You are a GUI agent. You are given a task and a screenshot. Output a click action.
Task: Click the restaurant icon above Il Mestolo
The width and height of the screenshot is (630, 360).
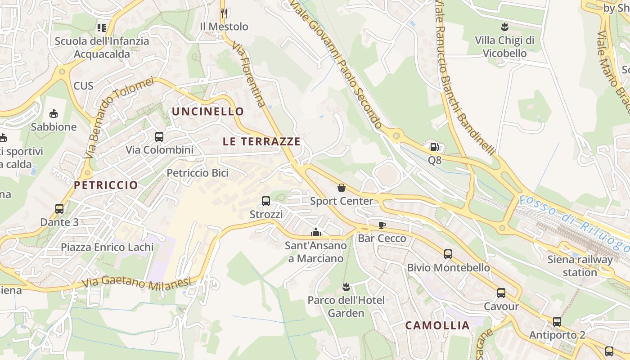224,13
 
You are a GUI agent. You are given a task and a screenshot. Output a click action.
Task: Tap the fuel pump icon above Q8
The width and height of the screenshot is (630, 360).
434,147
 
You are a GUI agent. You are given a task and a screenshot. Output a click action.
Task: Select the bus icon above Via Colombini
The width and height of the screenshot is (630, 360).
159,136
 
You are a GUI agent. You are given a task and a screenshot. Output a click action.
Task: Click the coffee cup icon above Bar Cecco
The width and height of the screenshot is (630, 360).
382,225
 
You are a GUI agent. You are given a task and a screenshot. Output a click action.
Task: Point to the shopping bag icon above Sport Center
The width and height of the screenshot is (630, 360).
342,188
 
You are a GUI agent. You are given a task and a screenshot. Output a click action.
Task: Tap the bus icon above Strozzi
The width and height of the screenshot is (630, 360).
266,201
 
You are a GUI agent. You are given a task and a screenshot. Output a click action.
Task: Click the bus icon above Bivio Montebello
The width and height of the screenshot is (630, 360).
448,254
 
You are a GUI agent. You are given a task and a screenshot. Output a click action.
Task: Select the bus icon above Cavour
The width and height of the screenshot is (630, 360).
501,293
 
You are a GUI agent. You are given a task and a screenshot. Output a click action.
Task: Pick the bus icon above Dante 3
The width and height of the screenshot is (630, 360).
59,209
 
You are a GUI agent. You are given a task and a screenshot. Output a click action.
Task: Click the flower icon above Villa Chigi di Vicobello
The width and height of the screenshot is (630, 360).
504,27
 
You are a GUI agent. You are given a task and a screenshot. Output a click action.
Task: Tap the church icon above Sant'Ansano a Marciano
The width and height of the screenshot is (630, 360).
316,232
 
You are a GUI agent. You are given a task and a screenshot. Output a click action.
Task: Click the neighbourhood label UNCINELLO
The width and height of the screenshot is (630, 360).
208,111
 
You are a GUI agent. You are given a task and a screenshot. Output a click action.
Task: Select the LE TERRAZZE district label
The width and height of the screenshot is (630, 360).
261,141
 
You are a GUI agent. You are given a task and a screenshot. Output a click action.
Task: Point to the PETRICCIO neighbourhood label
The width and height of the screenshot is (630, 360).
106,185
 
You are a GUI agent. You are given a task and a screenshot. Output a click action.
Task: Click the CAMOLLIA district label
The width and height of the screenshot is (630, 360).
437,325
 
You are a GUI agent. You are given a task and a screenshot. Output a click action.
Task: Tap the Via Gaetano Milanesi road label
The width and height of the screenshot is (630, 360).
137,283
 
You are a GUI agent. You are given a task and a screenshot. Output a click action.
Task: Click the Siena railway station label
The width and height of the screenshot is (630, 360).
580,265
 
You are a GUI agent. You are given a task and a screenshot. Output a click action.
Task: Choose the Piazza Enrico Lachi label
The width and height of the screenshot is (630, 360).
107,247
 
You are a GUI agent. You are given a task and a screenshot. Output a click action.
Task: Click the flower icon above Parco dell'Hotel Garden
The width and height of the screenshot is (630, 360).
346,287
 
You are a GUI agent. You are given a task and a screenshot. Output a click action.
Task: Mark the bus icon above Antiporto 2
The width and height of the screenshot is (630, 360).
557,322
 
